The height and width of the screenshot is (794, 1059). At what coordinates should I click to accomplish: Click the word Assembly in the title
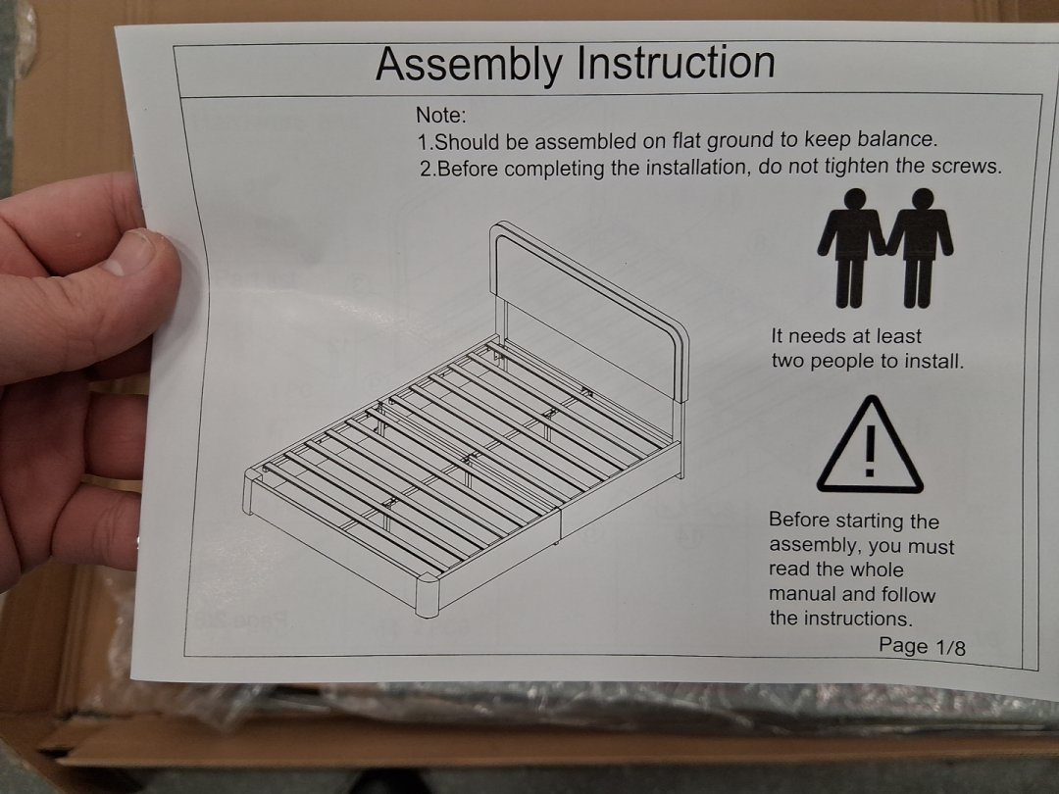(468, 65)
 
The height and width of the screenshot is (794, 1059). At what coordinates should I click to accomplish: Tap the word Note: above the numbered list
(441, 115)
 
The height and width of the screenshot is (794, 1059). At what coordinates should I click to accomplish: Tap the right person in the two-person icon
(919, 248)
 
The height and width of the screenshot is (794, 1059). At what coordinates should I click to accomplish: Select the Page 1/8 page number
(922, 646)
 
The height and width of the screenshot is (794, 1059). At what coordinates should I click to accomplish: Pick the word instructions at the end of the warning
(853, 619)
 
